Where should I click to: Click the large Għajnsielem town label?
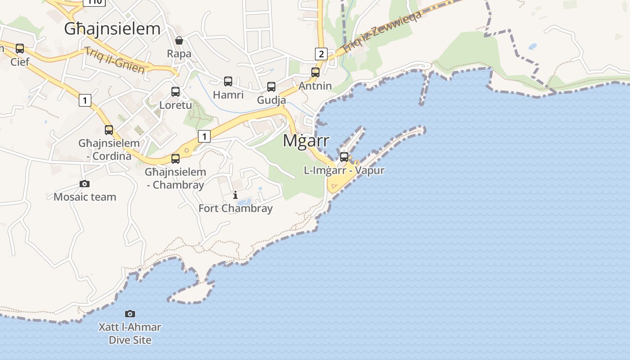(x=112, y=29)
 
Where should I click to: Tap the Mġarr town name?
(x=306, y=140)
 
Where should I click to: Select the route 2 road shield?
(x=320, y=54)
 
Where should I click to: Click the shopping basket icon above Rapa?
(x=179, y=40)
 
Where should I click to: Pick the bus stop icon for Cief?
(x=20, y=48)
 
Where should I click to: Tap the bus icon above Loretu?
(x=175, y=92)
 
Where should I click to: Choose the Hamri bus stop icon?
(x=228, y=81)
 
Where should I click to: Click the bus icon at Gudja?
(x=271, y=87)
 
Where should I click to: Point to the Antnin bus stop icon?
(x=315, y=72)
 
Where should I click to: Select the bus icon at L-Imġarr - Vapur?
(x=344, y=157)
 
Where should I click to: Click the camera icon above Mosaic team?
(x=85, y=184)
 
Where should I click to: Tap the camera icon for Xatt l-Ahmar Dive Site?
(x=130, y=314)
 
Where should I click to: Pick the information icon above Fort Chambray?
(x=235, y=195)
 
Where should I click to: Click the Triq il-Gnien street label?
(x=115, y=60)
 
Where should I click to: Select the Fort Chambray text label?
(x=235, y=208)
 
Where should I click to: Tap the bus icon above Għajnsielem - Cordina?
(x=109, y=130)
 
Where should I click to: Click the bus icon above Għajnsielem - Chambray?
(x=175, y=158)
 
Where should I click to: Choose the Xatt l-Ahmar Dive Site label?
(x=130, y=333)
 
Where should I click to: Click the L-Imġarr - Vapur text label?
(x=344, y=171)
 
